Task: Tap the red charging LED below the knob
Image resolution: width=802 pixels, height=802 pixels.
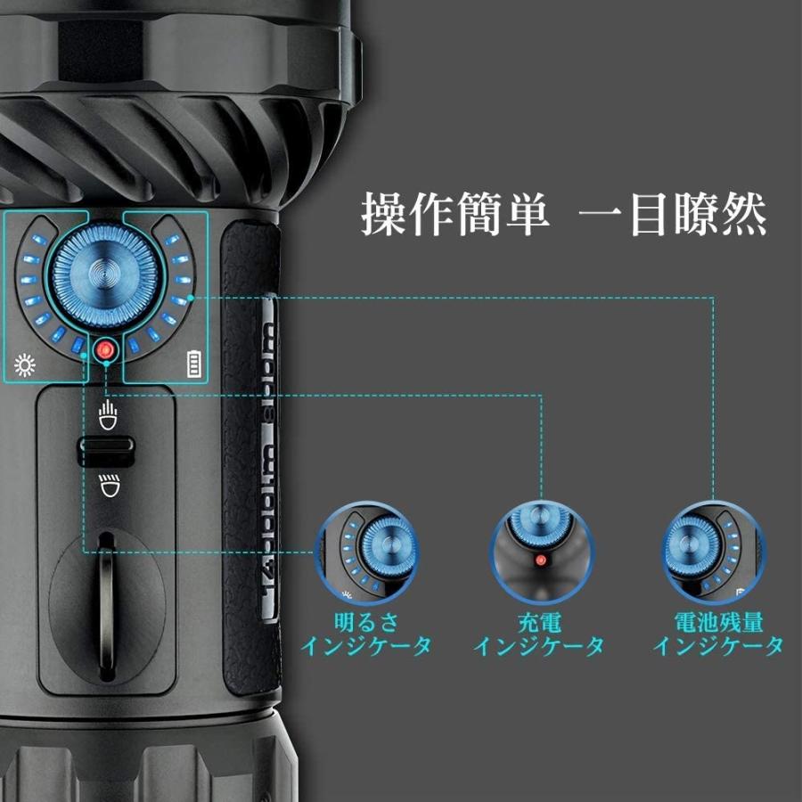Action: click(x=106, y=350)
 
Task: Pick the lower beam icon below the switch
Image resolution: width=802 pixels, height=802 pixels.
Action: click(x=107, y=486)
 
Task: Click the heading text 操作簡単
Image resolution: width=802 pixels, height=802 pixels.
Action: click(x=455, y=215)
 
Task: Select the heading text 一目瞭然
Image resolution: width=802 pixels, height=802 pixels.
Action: click(x=673, y=215)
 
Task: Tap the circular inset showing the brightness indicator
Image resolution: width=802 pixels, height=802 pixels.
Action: click(x=366, y=550)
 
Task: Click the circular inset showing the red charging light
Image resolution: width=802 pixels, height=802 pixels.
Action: click(x=539, y=550)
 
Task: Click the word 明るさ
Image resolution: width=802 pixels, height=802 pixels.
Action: click(x=365, y=622)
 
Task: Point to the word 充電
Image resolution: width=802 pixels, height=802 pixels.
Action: click(x=539, y=622)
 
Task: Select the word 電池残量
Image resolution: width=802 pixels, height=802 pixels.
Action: click(x=718, y=622)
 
